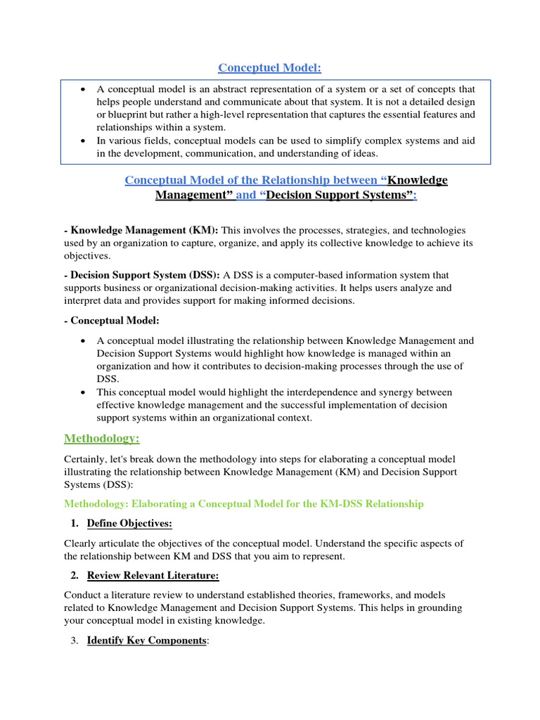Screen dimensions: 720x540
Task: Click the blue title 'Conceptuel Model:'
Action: click(x=269, y=67)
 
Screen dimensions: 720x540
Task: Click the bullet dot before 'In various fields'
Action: click(x=84, y=141)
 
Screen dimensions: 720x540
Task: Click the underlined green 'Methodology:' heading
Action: click(x=102, y=439)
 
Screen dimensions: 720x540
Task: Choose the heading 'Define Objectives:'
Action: click(x=129, y=524)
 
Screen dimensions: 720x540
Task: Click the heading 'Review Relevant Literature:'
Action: click(x=153, y=576)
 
